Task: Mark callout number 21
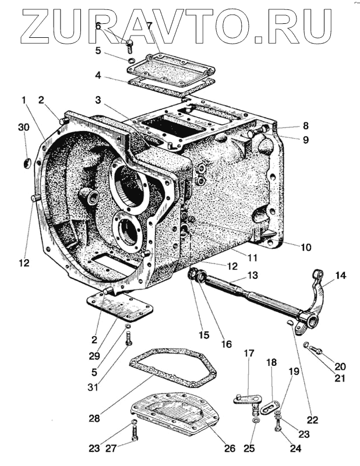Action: click(x=340, y=377)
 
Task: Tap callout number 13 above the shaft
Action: click(x=252, y=275)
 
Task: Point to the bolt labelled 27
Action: click(x=135, y=433)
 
